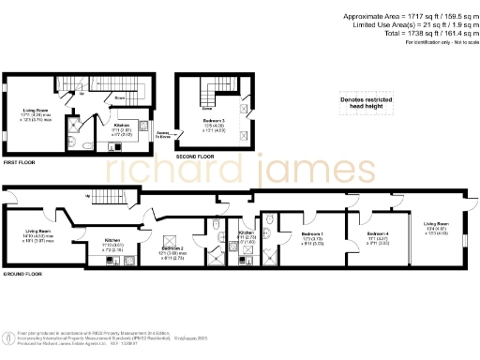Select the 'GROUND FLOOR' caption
pos(22,274)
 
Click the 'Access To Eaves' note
pos(163,134)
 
